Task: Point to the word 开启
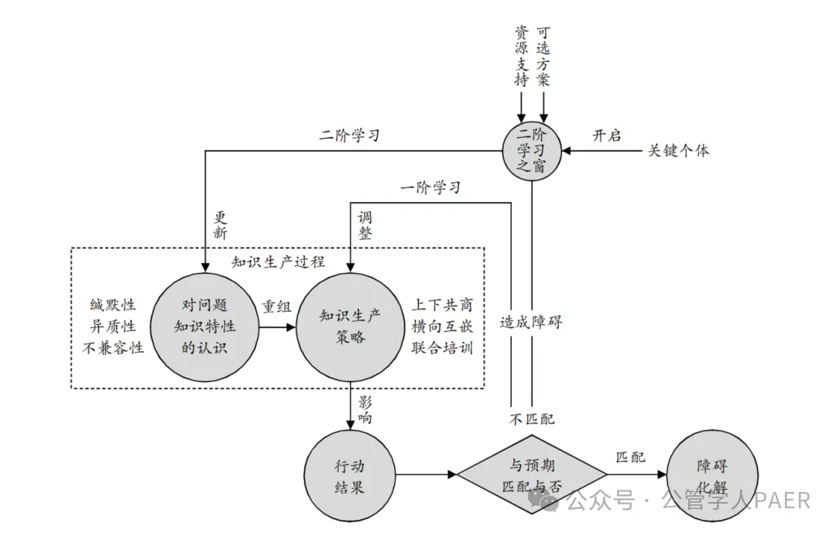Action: pos(607,135)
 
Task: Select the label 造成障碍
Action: pos(531,323)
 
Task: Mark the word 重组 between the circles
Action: pos(276,306)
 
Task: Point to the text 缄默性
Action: pos(113,306)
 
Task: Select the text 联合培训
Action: pos(442,347)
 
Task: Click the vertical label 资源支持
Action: pos(522,56)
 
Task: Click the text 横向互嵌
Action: pos(442,326)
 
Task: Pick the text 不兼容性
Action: pos(113,347)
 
